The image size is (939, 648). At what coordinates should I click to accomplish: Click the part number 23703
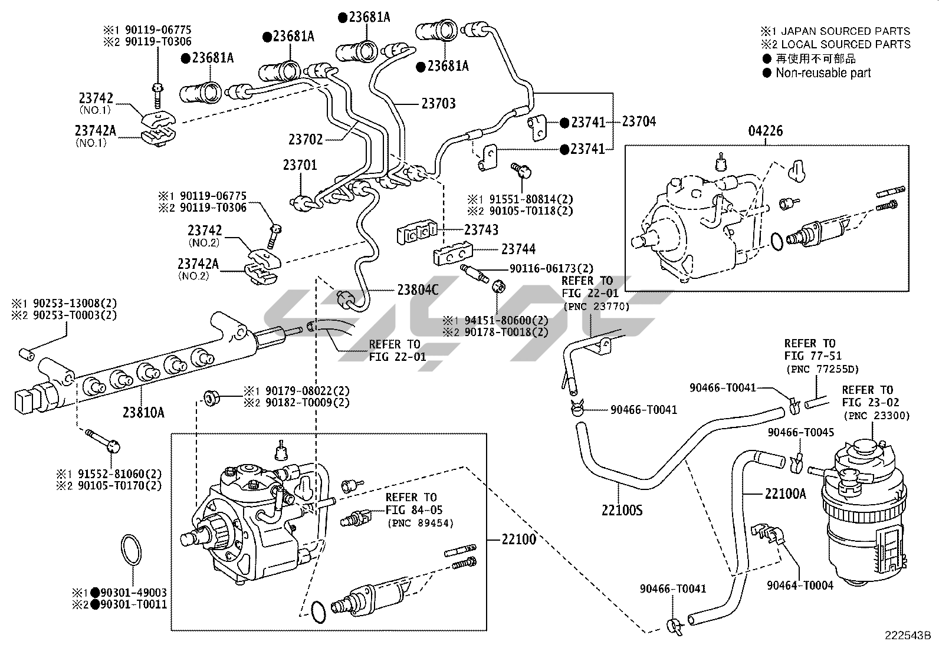point(438,104)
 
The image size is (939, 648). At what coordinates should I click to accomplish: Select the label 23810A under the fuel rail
point(143,412)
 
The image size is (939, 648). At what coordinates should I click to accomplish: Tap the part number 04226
point(766,131)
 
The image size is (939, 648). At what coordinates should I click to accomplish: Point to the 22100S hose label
point(622,510)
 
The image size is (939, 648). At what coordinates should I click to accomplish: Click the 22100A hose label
point(785,494)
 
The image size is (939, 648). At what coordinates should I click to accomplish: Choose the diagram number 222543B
point(907,636)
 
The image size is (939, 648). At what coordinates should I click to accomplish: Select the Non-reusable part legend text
point(823,73)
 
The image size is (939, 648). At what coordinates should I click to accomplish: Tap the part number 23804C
point(418,290)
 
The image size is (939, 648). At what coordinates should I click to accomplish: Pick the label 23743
point(481,229)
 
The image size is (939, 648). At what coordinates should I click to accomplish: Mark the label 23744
point(518,249)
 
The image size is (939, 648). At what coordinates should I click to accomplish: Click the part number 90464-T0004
point(800,585)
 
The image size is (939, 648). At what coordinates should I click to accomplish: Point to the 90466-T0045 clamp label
point(800,433)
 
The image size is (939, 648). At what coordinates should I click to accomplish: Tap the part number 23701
point(300,165)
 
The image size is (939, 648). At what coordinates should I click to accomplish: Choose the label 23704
point(639,121)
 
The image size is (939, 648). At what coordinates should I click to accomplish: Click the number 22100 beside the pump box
point(519,539)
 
